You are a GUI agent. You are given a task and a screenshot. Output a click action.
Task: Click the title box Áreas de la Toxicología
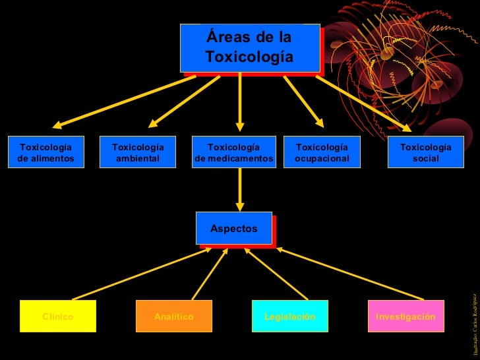[x=249, y=47]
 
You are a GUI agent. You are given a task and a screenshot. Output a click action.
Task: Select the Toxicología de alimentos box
[x=46, y=152]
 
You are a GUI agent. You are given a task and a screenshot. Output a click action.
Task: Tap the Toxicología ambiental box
[x=138, y=152]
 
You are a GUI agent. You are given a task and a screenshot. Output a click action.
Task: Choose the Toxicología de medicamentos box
[x=233, y=152]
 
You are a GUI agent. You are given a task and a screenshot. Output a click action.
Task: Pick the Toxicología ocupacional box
[x=322, y=152]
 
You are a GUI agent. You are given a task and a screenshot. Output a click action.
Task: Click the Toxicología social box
[x=426, y=152]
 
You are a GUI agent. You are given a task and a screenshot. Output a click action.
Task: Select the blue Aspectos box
[x=233, y=228]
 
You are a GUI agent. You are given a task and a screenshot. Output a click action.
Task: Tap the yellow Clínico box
[x=58, y=316]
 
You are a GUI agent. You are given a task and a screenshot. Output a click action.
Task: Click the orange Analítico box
[x=174, y=316]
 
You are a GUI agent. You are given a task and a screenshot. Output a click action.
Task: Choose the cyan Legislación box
[x=290, y=316]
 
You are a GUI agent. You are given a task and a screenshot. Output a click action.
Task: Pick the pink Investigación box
[x=405, y=316]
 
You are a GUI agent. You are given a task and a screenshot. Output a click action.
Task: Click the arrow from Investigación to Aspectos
[x=349, y=274]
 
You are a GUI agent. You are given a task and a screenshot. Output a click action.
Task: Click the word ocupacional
[x=322, y=158]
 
